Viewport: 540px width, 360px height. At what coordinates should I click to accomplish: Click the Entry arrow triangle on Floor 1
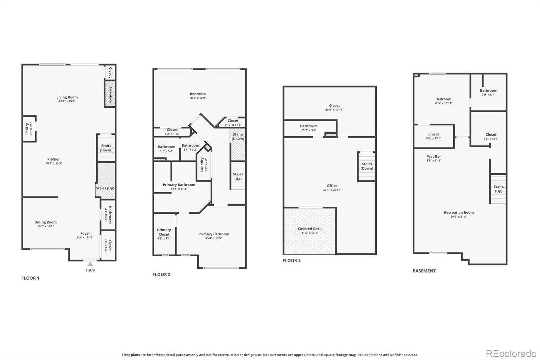[x=90, y=264]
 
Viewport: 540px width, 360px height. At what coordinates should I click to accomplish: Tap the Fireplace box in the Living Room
[x=110, y=94]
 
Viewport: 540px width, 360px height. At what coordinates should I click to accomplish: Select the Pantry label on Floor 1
[x=27, y=129]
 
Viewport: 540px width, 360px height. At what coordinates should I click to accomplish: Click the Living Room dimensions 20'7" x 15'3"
[x=67, y=101]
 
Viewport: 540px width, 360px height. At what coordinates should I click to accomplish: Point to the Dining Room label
[x=46, y=222]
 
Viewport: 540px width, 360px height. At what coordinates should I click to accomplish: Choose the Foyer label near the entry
[x=85, y=233]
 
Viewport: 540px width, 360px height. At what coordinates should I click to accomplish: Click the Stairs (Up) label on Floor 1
[x=105, y=188]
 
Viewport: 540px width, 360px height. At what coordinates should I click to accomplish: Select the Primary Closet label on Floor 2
[x=164, y=232]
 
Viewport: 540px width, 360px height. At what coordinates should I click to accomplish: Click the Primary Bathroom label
[x=179, y=185]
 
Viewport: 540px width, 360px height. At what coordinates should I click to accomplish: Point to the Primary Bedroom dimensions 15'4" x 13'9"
[x=214, y=238]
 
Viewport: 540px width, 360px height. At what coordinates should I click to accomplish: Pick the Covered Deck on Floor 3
[x=309, y=231]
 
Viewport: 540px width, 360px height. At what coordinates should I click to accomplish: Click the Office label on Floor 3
[x=332, y=185]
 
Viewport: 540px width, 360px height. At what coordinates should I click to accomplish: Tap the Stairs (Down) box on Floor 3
[x=367, y=166]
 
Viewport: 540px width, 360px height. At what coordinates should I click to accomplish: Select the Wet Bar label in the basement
[x=434, y=156]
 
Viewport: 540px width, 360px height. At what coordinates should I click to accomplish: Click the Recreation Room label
[x=459, y=212]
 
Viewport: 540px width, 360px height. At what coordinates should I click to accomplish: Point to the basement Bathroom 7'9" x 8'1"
[x=488, y=92]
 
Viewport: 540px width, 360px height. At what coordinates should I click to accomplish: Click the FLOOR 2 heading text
[x=161, y=274]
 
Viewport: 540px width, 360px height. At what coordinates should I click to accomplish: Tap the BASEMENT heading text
[x=424, y=271]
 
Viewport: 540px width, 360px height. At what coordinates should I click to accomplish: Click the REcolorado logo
[x=511, y=354]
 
